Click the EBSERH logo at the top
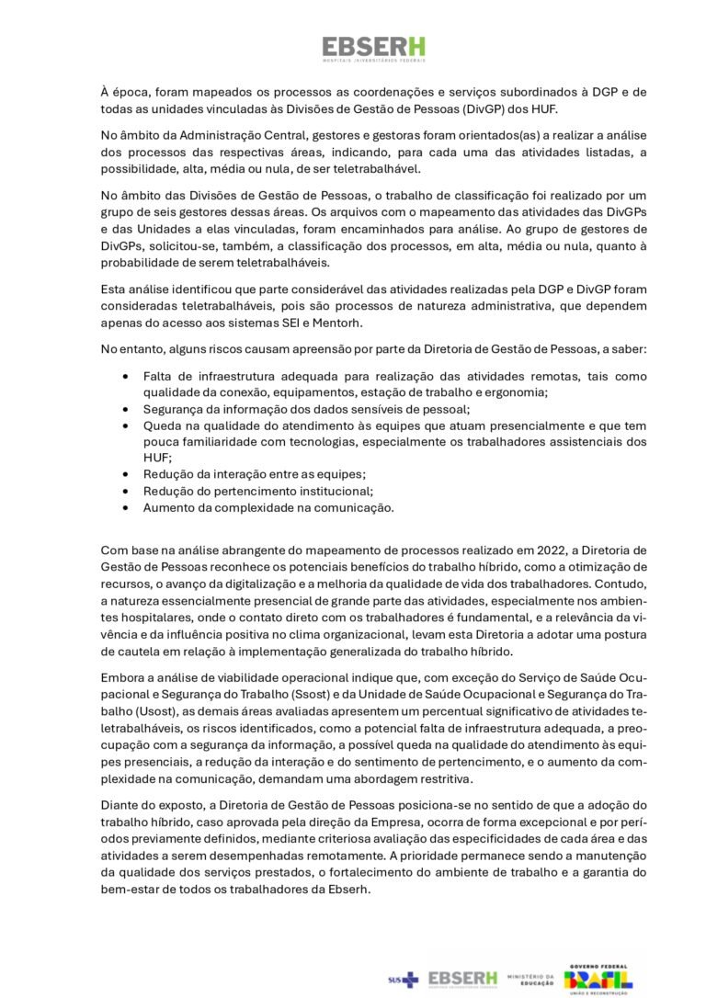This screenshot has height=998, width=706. (373, 48)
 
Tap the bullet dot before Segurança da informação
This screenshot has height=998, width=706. (125, 409)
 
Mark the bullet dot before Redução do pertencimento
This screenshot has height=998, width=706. (125, 492)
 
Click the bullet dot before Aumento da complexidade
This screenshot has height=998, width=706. (125, 507)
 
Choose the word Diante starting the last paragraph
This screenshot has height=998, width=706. (120, 804)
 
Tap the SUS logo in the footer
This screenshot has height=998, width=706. (403, 980)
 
